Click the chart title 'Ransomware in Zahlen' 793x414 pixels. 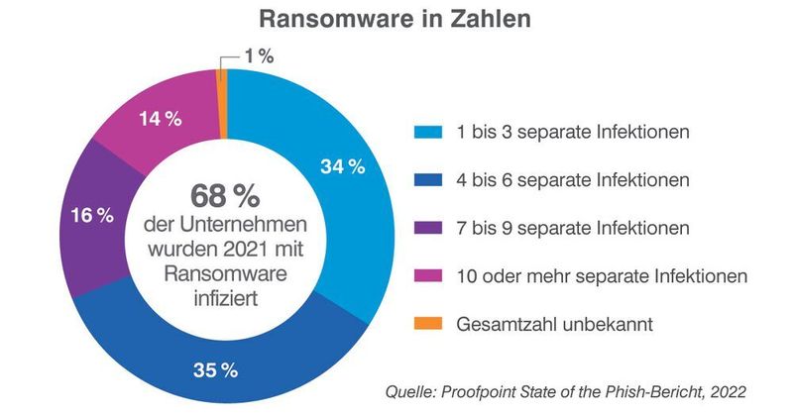tap(396, 20)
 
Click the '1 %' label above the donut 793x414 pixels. tap(259, 57)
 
